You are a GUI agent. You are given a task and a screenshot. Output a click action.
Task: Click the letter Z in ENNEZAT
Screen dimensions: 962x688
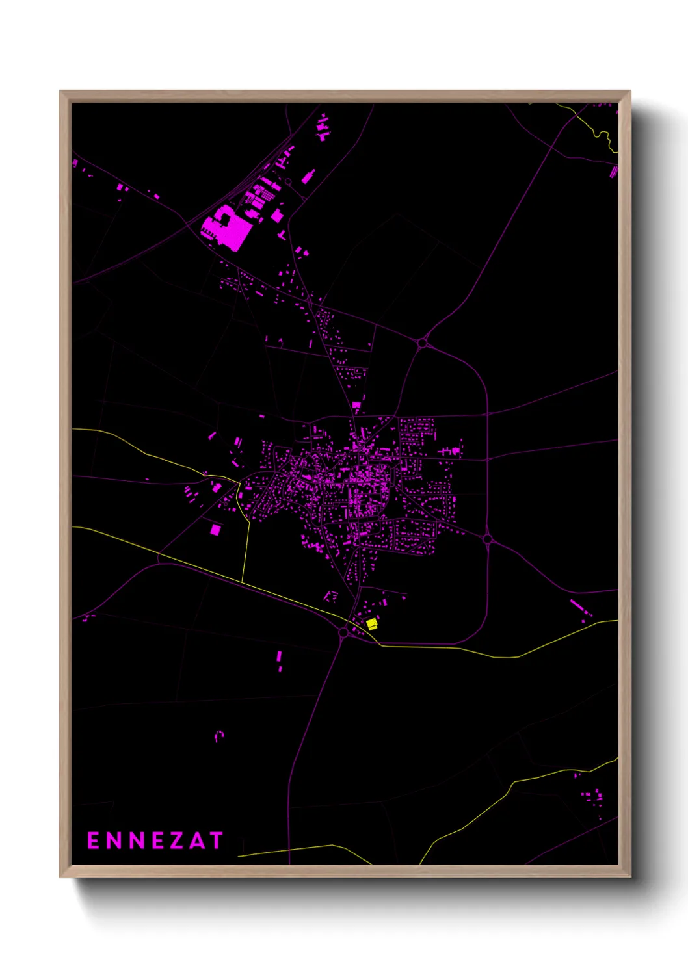tap(176, 840)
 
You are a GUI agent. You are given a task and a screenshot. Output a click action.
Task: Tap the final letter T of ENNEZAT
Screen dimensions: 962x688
tap(215, 840)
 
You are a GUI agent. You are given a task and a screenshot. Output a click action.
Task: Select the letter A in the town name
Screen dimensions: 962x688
tap(196, 840)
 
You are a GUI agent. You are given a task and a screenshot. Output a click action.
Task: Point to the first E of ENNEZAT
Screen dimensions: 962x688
tap(93, 840)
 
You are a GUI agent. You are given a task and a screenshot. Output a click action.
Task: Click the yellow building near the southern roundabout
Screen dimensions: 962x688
tap(372, 624)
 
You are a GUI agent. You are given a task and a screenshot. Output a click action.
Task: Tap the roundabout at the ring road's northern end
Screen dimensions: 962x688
tap(422, 343)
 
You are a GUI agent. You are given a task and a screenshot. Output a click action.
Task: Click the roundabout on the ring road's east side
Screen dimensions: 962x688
tap(488, 539)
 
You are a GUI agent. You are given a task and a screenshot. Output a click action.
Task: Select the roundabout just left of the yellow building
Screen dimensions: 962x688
tap(343, 632)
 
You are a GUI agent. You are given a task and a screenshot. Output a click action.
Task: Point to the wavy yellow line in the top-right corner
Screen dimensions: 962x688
tap(603, 136)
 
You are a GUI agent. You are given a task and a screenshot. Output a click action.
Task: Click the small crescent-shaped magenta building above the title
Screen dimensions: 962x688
tap(219, 736)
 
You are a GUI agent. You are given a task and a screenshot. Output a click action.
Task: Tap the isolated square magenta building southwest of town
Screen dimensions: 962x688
tap(215, 530)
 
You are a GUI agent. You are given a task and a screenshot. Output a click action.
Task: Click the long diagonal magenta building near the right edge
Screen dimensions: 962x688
tap(577, 606)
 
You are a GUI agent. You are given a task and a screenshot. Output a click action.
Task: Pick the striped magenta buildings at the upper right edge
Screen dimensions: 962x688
tap(613, 172)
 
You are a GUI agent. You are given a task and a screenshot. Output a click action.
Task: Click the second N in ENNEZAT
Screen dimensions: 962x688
tap(135, 840)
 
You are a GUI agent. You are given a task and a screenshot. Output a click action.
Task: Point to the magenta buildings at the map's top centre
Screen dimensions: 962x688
tap(323, 127)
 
